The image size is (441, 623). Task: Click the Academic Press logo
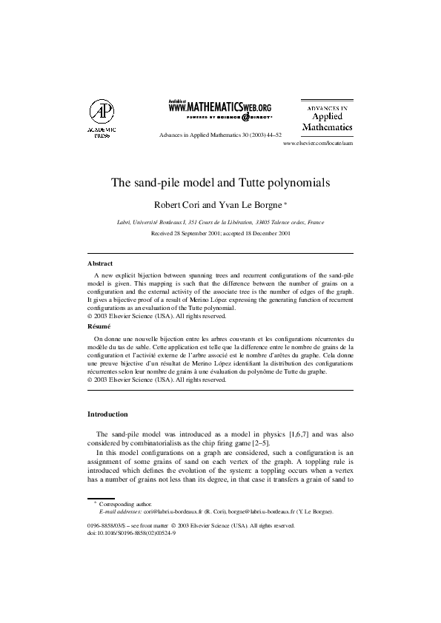[x=102, y=118]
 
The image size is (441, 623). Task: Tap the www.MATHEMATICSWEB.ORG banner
[x=220, y=109]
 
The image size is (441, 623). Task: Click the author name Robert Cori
[x=179, y=203]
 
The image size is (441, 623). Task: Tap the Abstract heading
[x=100, y=263]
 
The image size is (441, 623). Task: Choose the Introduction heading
[x=107, y=414]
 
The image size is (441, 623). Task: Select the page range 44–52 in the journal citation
[x=272, y=136]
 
